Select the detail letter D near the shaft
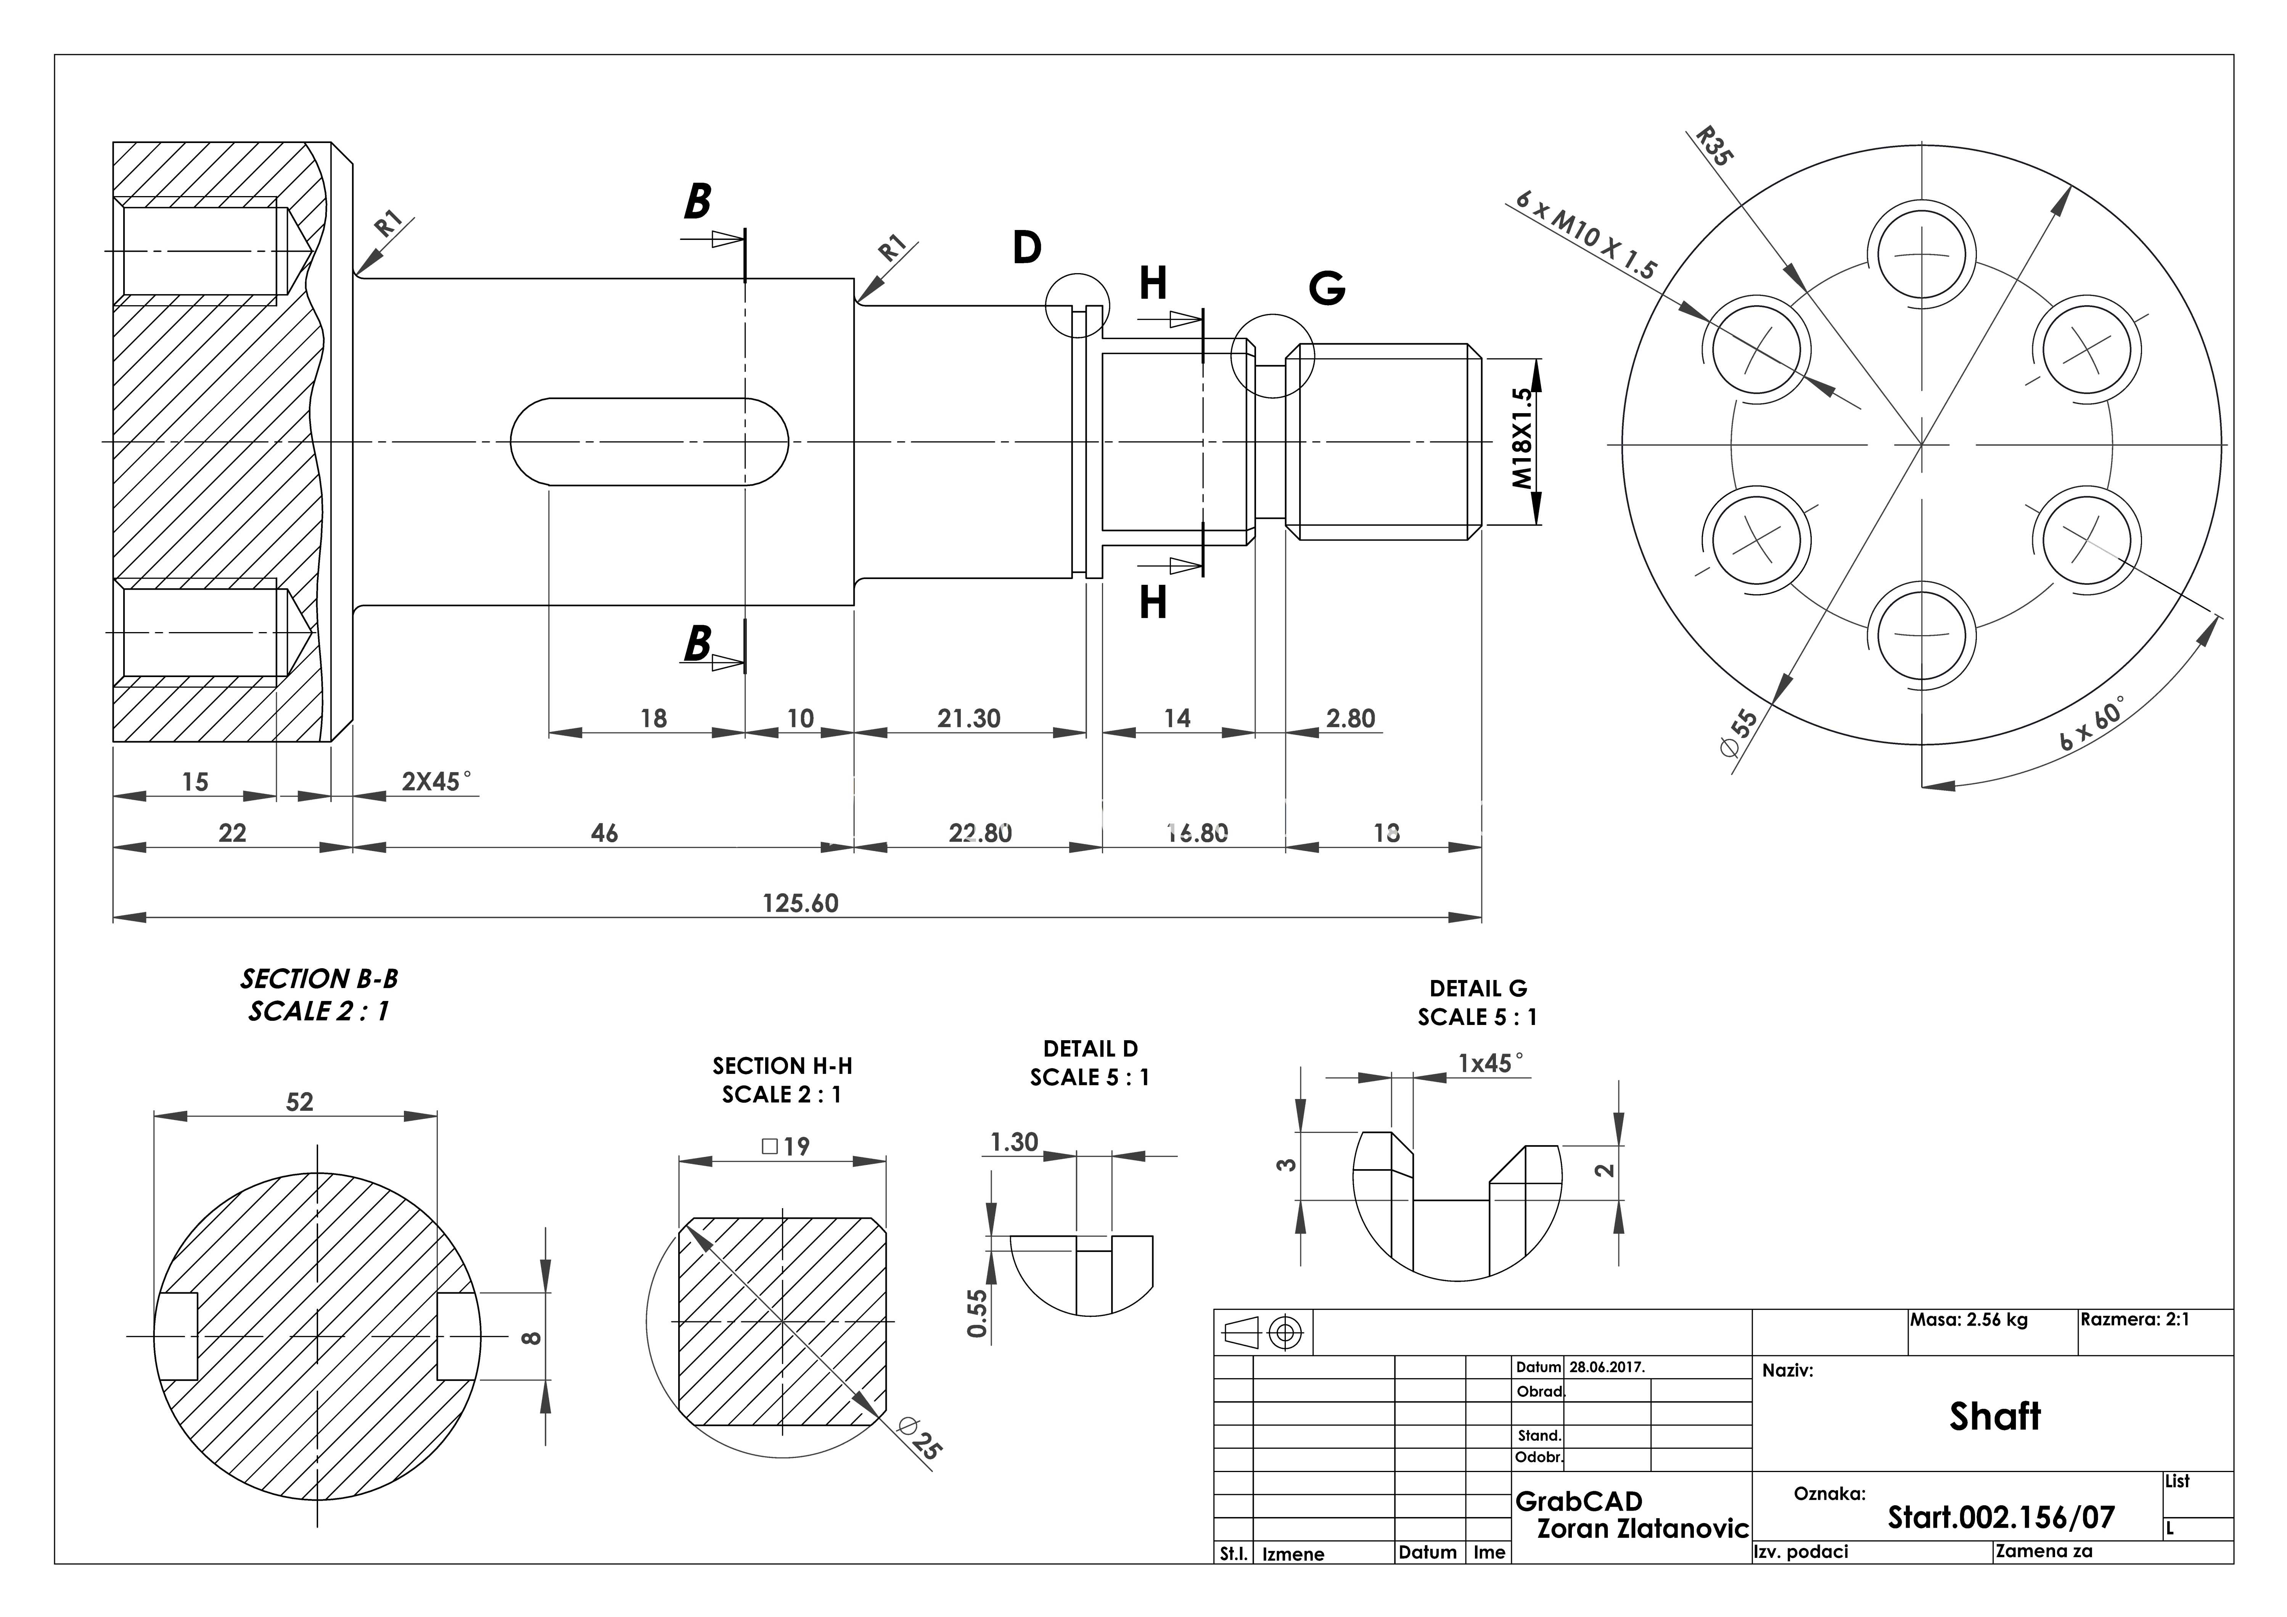(x=1027, y=247)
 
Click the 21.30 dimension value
(x=968, y=718)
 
